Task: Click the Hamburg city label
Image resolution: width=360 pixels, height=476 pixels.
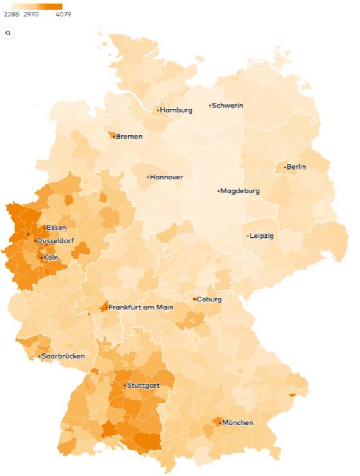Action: [176, 110]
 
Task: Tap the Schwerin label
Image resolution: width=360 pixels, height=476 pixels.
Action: [228, 106]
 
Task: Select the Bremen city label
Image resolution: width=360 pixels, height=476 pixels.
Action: [129, 137]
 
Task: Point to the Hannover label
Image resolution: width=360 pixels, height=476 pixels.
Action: [167, 178]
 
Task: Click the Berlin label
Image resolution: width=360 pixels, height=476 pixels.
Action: [297, 167]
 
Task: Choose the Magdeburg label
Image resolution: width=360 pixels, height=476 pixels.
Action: [240, 191]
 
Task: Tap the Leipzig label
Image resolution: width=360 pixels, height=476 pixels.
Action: [262, 236]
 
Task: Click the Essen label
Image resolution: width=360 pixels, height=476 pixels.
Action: [56, 228]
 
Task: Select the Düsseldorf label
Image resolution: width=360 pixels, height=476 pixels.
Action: [56, 241]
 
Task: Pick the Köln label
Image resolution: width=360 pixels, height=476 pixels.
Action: [51, 258]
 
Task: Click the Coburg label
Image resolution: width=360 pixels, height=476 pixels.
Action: [209, 300]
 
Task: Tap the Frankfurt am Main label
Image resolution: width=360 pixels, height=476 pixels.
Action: [141, 308]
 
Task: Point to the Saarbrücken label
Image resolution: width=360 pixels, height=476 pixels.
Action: [63, 356]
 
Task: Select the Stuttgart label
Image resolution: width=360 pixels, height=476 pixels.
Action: [144, 386]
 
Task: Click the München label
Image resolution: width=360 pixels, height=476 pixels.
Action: [237, 422]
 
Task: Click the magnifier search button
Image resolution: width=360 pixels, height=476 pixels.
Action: [9, 33]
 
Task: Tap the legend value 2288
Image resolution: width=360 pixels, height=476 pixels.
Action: [12, 15]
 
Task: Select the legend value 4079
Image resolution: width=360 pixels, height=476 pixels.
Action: [62, 15]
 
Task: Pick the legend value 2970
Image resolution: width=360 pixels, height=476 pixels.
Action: [31, 15]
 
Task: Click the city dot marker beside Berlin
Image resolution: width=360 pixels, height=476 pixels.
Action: [285, 167]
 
